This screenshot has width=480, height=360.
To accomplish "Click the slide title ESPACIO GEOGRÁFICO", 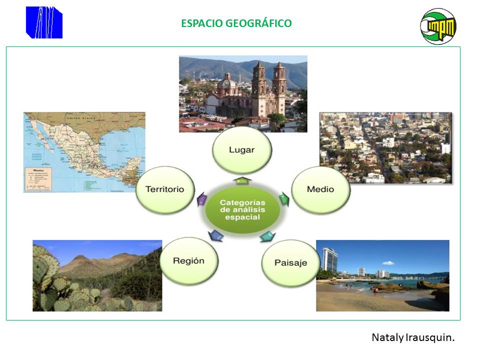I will [236, 23].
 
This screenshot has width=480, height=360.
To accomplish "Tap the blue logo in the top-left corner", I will [44, 22].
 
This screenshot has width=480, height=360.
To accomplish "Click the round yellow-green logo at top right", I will [438, 26].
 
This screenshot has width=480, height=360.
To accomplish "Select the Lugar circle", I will [242, 149].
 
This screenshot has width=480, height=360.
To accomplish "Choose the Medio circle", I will [320, 189].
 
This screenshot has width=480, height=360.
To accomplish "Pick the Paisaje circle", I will [290, 262].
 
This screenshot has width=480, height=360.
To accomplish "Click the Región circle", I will [188, 260].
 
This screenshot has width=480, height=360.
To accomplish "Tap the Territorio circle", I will [164, 189].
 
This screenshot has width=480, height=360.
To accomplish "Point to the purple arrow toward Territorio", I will [202, 199].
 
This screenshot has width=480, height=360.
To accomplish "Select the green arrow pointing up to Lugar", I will [241, 179].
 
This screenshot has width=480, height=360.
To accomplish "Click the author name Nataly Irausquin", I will [413, 337].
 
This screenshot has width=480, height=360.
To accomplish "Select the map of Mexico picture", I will [84, 152].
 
